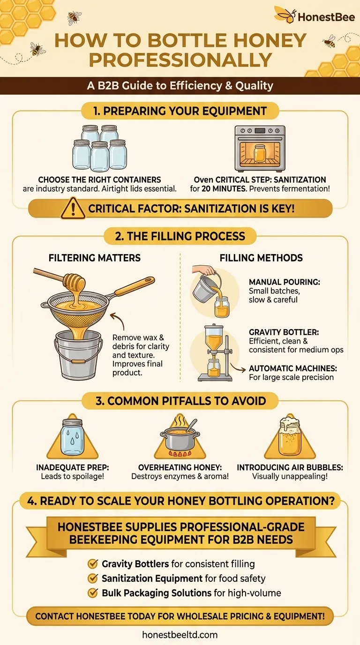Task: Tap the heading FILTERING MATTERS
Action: (x=95, y=257)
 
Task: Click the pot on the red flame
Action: (x=180, y=439)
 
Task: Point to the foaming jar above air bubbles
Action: (x=290, y=437)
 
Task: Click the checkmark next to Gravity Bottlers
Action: (x=93, y=563)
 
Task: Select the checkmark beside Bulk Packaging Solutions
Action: (x=93, y=592)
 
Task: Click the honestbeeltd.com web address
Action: (x=180, y=635)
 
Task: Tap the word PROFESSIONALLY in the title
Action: (x=180, y=60)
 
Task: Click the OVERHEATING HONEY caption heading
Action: (x=180, y=467)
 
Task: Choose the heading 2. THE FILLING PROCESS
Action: (x=180, y=235)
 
